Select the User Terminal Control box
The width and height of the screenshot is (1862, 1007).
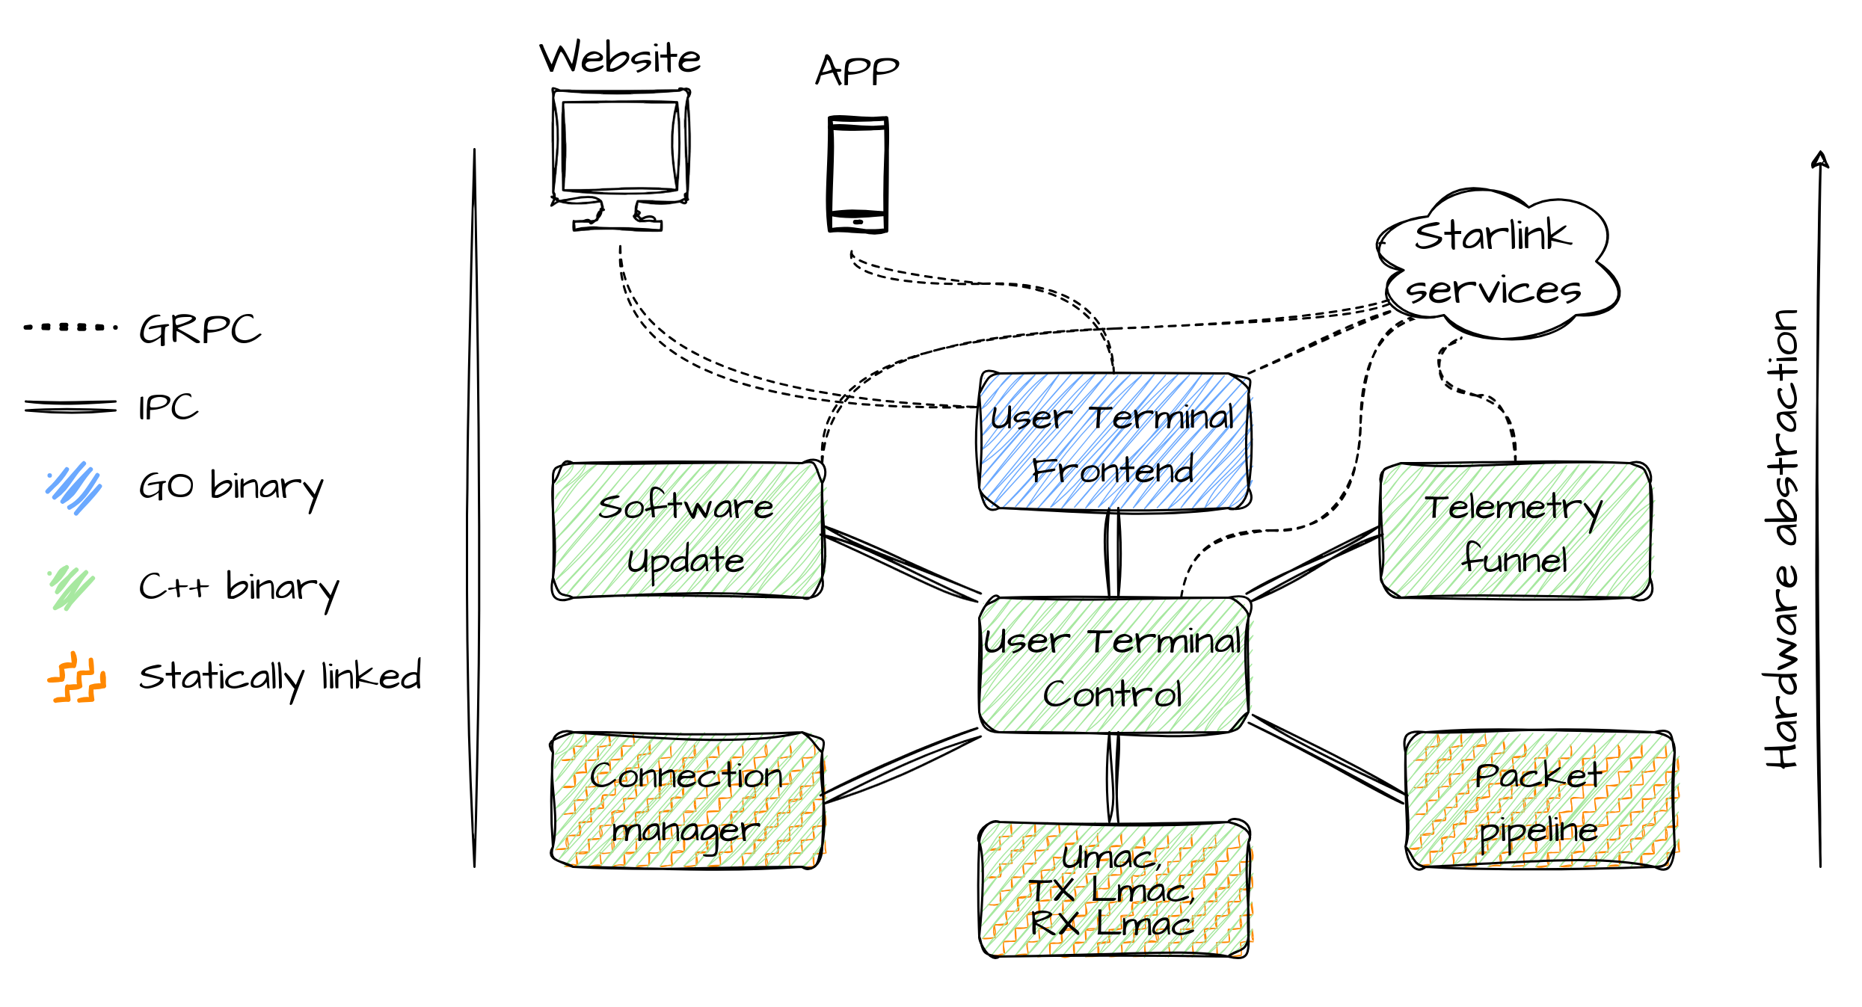click(1114, 665)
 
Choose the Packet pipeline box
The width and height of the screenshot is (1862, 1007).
click(1539, 801)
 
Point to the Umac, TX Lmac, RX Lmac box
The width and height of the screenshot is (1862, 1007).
click(1114, 890)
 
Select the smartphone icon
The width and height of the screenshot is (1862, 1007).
click(858, 174)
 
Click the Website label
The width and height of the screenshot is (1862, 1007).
click(620, 58)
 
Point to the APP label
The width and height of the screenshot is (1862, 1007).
click(857, 71)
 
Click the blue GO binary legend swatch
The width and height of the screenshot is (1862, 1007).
click(73, 487)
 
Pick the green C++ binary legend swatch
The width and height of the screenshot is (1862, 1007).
click(72, 588)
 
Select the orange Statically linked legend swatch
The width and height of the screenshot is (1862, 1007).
click(77, 677)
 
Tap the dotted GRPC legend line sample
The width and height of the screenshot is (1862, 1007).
click(70, 327)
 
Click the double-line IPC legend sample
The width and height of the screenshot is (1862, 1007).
click(70, 407)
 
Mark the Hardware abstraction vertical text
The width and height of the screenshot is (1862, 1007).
click(1783, 538)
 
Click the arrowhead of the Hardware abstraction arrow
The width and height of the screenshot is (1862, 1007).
click(1820, 160)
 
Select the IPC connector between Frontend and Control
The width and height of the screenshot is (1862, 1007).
click(1113, 553)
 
